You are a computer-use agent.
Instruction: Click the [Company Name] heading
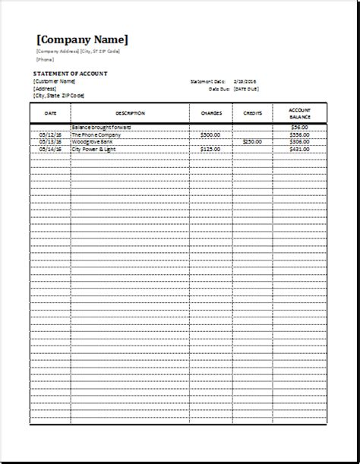(x=83, y=39)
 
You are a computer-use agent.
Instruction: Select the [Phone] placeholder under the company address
(x=45, y=59)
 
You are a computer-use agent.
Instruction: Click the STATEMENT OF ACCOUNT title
(x=71, y=73)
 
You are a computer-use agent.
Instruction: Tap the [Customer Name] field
(x=54, y=80)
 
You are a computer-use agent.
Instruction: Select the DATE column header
(x=50, y=113)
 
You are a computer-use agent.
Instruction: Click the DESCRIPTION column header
(x=130, y=113)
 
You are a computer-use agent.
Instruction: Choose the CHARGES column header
(x=210, y=113)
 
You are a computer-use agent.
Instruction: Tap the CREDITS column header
(x=253, y=113)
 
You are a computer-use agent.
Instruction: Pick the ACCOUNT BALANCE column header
(x=299, y=113)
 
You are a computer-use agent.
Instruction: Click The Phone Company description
(x=96, y=134)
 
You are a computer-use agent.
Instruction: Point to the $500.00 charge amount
(x=210, y=134)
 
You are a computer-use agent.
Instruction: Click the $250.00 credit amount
(x=252, y=142)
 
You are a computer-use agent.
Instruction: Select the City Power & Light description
(x=96, y=150)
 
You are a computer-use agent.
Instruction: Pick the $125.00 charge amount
(x=210, y=150)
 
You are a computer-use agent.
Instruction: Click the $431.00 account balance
(x=300, y=150)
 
